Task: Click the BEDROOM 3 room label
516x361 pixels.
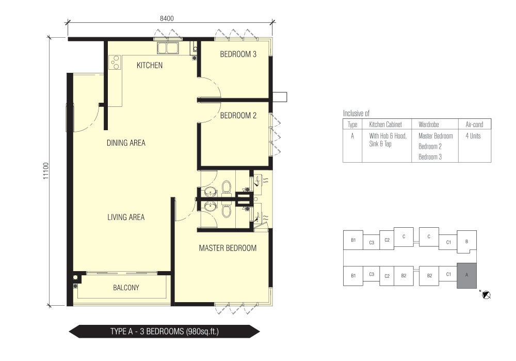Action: pos(238,54)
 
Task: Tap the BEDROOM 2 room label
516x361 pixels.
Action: pos(238,116)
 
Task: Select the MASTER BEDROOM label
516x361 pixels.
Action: pos(228,248)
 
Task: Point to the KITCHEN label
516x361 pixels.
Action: pos(150,65)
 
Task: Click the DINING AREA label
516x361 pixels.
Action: pos(126,143)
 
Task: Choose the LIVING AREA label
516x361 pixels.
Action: pos(126,217)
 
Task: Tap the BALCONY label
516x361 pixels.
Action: pos(126,288)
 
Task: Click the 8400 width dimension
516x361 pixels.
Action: pos(167,19)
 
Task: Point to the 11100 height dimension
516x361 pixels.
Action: pos(46,171)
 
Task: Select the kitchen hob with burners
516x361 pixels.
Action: pos(115,62)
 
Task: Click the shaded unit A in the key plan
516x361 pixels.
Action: pos(466,276)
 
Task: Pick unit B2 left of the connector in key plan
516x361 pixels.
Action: pos(404,276)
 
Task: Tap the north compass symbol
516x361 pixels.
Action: pos(486,295)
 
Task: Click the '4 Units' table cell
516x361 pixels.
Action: pos(473,136)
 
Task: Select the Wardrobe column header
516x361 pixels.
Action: pos(428,124)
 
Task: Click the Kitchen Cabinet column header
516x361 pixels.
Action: pos(385,124)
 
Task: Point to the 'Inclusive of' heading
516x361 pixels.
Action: pos(356,114)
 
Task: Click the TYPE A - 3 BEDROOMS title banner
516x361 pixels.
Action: pos(165,332)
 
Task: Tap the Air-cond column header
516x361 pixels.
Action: pos(474,124)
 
